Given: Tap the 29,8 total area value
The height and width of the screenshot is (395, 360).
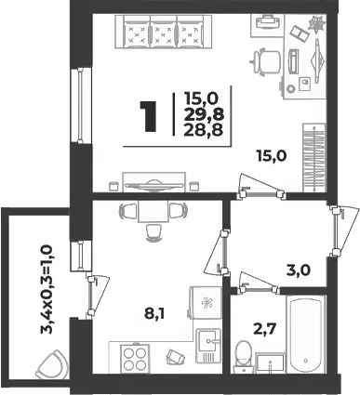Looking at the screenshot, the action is [204, 115].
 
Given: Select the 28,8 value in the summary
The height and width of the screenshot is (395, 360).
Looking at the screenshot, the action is [204, 130].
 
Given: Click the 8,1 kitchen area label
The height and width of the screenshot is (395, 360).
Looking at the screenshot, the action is [154, 314].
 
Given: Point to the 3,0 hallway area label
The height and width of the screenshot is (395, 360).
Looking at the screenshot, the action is [298, 270].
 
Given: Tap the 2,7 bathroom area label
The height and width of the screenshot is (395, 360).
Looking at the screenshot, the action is [264, 328].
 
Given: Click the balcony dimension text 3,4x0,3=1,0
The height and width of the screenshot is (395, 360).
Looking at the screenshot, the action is [47, 289].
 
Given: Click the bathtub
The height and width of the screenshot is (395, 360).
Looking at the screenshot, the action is [306, 335].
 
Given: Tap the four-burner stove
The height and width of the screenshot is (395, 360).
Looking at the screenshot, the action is [135, 359].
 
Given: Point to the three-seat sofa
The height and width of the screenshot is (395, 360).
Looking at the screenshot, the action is [159, 32].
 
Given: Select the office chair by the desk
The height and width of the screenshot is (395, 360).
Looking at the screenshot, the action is [266, 61].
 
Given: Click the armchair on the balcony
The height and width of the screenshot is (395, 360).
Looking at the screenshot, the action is [52, 365].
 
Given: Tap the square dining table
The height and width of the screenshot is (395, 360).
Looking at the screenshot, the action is [153, 211].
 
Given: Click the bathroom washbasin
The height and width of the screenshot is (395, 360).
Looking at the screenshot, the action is [270, 363].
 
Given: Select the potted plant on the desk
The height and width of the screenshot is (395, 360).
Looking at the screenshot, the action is [317, 24].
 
